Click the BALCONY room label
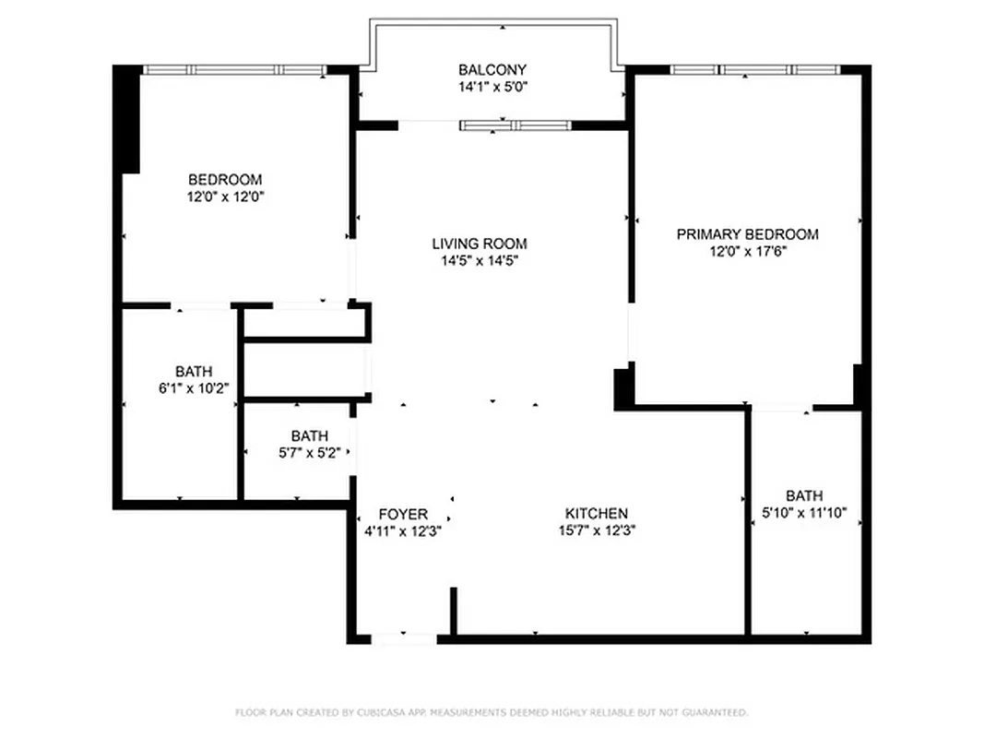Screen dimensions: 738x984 click(492, 70)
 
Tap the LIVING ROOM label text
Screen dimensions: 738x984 click(480, 244)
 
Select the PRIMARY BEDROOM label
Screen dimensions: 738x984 click(747, 234)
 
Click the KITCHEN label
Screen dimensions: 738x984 click(597, 514)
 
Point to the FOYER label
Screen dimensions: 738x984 click(403, 514)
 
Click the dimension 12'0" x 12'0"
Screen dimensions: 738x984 click(225, 196)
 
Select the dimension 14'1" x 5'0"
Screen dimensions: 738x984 click(492, 87)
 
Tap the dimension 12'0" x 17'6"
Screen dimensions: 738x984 click(747, 251)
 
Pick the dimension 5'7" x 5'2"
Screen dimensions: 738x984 click(309, 453)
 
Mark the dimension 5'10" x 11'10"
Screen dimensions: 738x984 click(804, 512)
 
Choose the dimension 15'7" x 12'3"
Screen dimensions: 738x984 click(597, 530)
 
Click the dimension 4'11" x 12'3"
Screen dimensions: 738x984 click(403, 530)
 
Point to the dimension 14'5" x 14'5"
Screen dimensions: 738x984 click(480, 261)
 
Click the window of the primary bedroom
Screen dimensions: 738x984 click(754, 69)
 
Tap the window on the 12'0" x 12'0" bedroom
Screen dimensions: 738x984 click(235, 69)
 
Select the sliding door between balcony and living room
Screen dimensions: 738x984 click(516, 125)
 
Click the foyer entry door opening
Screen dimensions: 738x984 click(404, 637)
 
